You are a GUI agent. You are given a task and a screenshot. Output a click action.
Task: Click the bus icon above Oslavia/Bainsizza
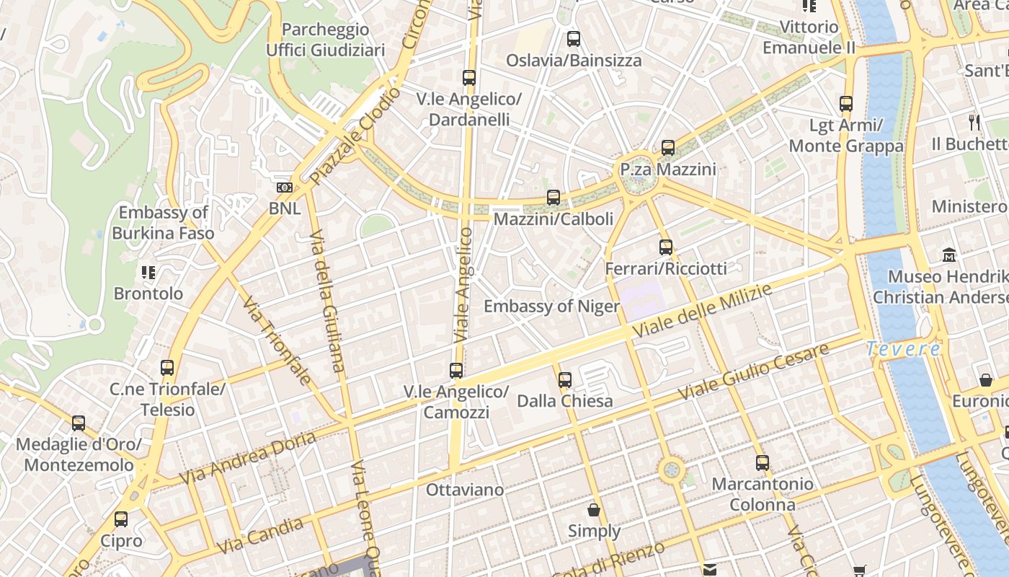pyautogui.click(x=573, y=39)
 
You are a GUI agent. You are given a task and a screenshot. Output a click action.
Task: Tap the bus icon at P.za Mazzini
pyautogui.click(x=668, y=148)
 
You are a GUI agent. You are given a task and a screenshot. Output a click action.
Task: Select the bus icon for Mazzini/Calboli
pyautogui.click(x=554, y=197)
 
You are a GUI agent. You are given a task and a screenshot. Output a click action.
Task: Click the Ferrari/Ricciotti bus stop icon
pyautogui.click(x=666, y=247)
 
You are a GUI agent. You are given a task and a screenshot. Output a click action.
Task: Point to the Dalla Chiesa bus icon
pyautogui.click(x=565, y=379)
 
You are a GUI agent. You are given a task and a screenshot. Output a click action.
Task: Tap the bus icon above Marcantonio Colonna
pyautogui.click(x=763, y=463)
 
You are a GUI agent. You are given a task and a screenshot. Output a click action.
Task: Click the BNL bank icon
pyautogui.click(x=285, y=188)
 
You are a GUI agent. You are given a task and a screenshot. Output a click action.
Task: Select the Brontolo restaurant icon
pyautogui.click(x=148, y=273)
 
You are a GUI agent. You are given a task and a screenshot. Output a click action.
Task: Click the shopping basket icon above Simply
pyautogui.click(x=594, y=510)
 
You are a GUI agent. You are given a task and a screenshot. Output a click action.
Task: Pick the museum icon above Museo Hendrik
pyautogui.click(x=949, y=255)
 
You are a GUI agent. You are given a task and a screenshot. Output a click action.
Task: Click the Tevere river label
pyautogui.click(x=903, y=349)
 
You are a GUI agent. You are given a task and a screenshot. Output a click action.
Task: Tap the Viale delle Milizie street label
pyautogui.click(x=702, y=310)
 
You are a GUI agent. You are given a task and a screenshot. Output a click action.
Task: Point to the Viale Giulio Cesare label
pyautogui.click(x=752, y=373)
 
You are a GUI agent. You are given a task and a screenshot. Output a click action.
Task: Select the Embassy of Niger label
pyautogui.click(x=551, y=307)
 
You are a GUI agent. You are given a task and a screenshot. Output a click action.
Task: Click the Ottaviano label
pyautogui.click(x=465, y=490)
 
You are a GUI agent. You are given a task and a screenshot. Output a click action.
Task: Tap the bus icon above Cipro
pyautogui.click(x=121, y=519)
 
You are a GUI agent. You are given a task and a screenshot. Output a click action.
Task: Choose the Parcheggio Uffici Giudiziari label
pyautogui.click(x=326, y=40)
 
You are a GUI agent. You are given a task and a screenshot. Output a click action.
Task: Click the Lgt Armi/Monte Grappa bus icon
pyautogui.click(x=846, y=104)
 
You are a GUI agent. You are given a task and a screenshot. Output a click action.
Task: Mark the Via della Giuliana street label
pyautogui.click(x=327, y=301)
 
